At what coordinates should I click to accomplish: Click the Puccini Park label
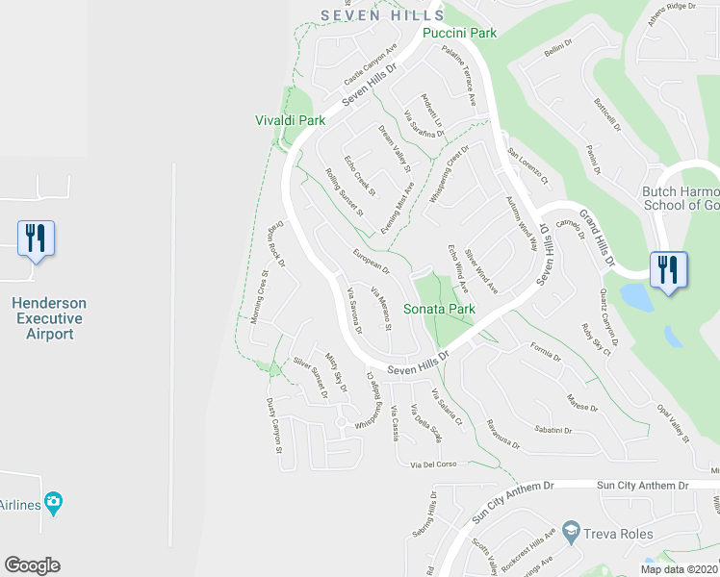click(460, 33)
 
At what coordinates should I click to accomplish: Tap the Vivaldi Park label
click(290, 120)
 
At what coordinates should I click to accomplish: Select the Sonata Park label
click(439, 310)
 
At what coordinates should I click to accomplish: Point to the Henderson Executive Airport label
click(48, 318)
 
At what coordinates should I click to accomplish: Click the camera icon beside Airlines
click(54, 501)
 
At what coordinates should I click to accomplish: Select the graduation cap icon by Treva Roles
click(571, 533)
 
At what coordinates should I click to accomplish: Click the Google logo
click(32, 565)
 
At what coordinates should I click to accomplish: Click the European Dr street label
click(371, 261)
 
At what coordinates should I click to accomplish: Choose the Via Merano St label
click(381, 312)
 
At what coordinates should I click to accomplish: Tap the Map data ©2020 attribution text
click(680, 569)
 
